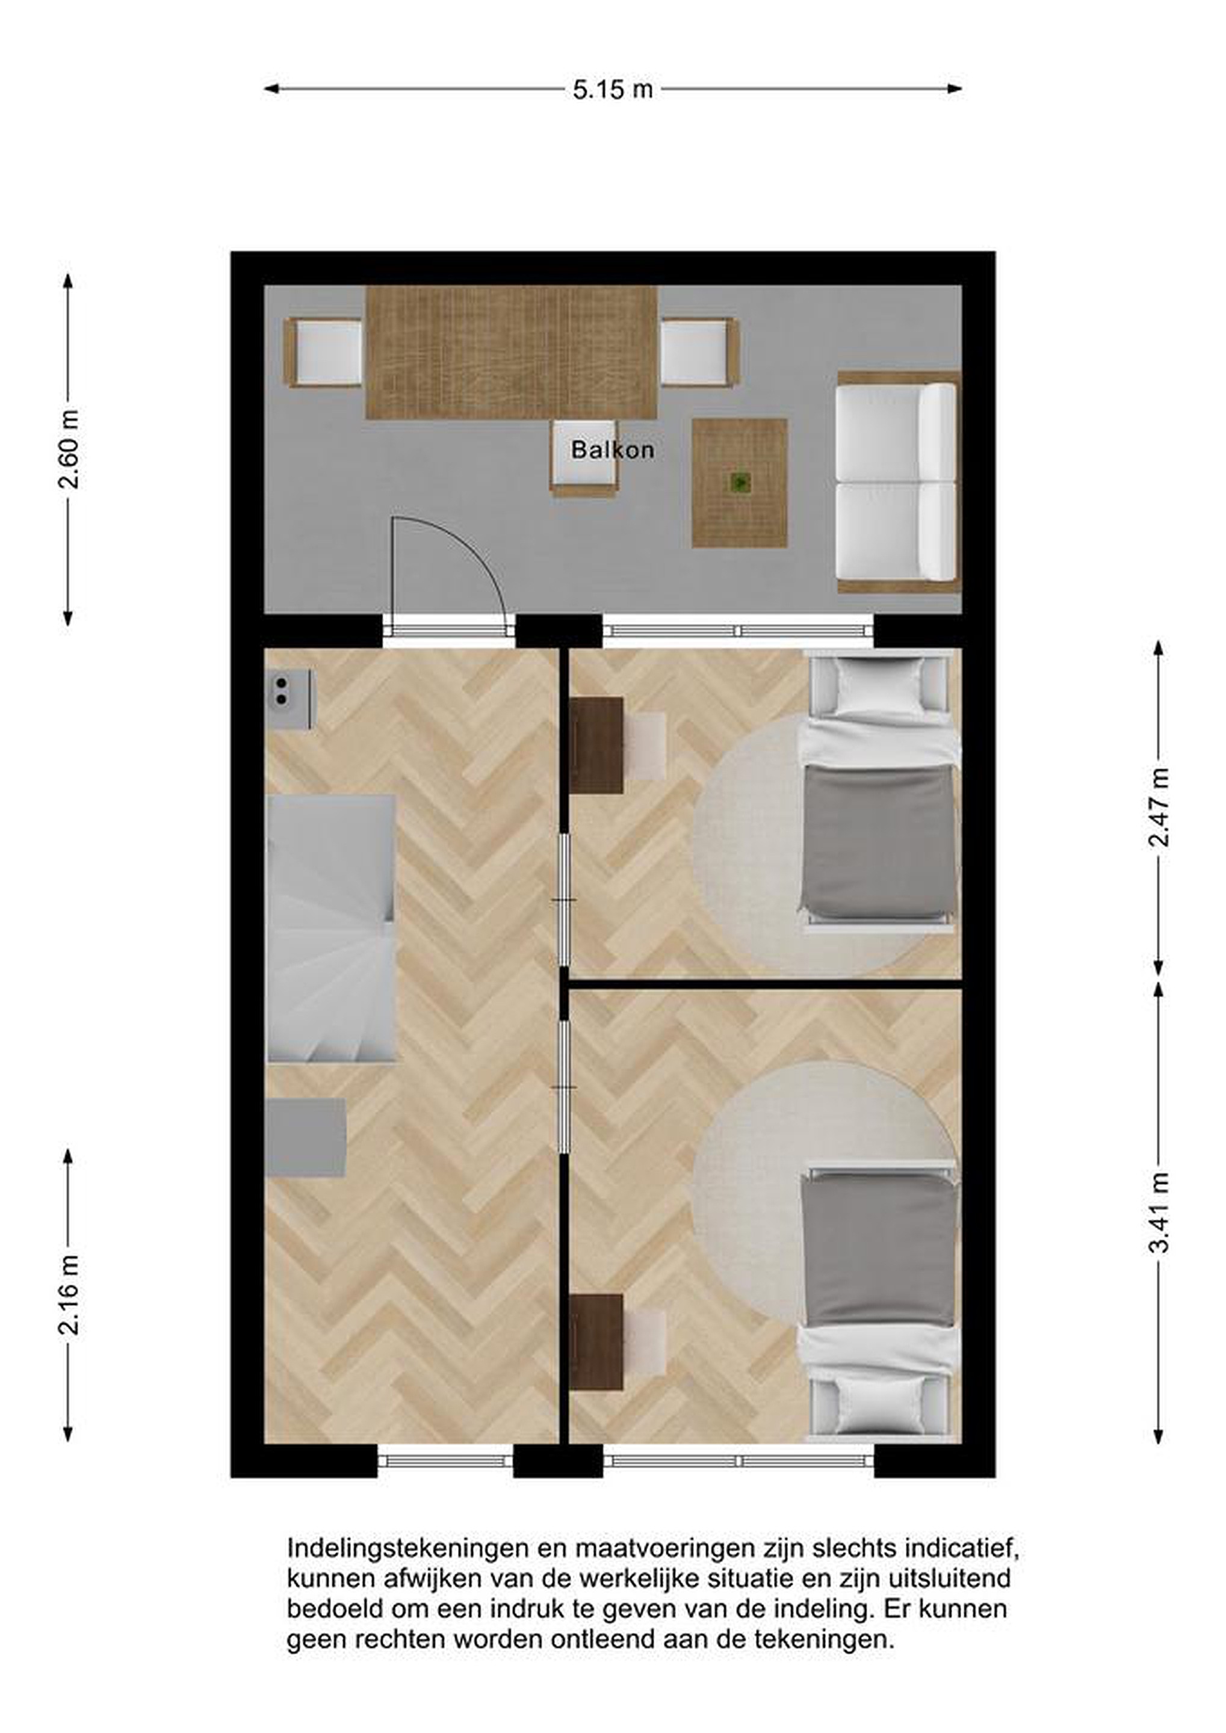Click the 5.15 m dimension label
[x=612, y=90]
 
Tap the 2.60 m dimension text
[x=69, y=450]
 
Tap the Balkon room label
[x=612, y=450]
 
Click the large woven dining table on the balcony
[x=511, y=353]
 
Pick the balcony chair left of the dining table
[x=323, y=353]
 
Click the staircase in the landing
[x=332, y=928]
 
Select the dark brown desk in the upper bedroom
[x=596, y=745]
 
